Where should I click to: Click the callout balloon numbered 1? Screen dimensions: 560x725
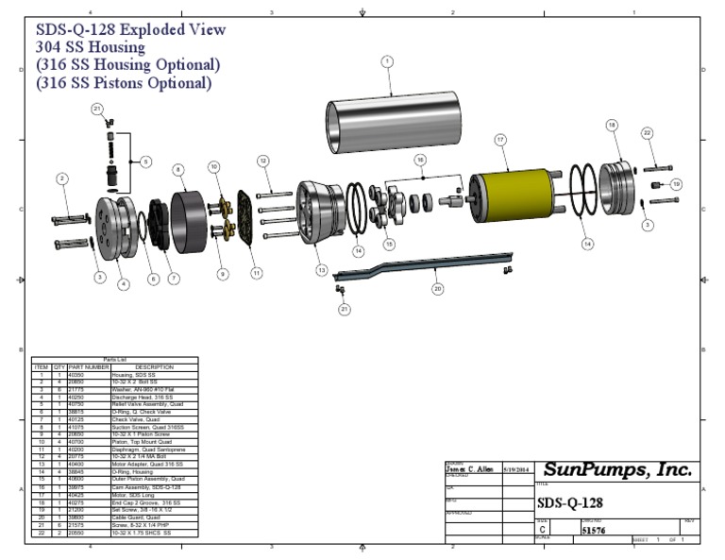pos(386,61)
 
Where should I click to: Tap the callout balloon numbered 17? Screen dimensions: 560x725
pos(499,139)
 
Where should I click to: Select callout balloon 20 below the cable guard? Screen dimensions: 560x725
pos(437,289)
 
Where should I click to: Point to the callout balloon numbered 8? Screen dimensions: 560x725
pos(177,169)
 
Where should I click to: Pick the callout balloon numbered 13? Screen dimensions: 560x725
pos(321,270)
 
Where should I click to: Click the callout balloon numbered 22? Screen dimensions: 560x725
pos(647,133)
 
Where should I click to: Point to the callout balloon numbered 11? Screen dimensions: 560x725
pos(256,273)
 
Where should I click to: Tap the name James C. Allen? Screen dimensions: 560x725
pos(469,469)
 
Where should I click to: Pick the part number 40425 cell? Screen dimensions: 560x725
pos(78,494)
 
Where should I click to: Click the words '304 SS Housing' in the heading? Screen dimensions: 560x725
pos(91,46)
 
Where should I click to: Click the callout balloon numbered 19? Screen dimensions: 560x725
pos(676,183)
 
